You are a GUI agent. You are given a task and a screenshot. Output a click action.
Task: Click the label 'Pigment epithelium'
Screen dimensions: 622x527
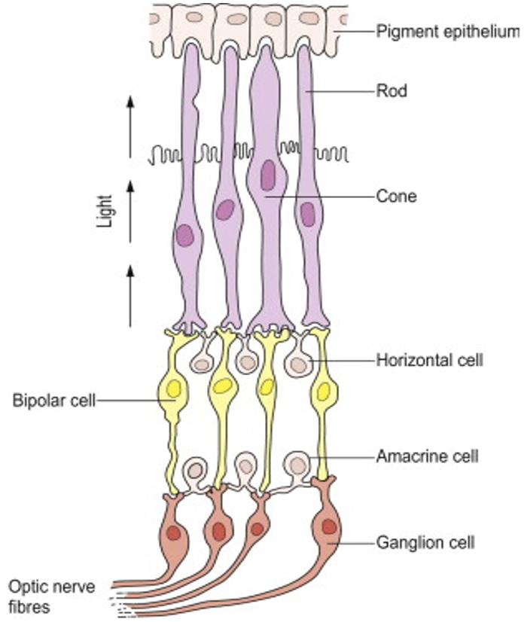[447, 32]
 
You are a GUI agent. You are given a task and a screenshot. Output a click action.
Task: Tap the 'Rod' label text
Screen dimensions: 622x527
[391, 92]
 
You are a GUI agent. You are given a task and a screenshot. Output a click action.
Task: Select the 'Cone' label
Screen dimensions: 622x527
[395, 197]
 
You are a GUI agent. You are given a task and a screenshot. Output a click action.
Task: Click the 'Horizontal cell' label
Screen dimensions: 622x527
[429, 360]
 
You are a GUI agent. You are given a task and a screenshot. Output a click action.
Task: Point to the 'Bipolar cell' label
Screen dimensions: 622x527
[53, 400]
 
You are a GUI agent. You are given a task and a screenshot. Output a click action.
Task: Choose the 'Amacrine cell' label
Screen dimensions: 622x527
[427, 456]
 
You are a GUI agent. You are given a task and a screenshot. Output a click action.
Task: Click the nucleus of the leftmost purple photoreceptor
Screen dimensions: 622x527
[185, 236]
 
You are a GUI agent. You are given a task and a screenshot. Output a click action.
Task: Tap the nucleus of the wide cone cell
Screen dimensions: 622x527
[268, 175]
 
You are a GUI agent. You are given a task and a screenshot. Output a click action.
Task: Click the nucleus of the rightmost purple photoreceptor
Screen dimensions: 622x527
[307, 214]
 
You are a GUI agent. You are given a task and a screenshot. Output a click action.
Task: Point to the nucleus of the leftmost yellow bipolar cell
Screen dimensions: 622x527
[174, 389]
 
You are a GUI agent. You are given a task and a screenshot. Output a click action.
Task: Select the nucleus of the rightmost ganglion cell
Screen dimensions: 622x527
[329, 526]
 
